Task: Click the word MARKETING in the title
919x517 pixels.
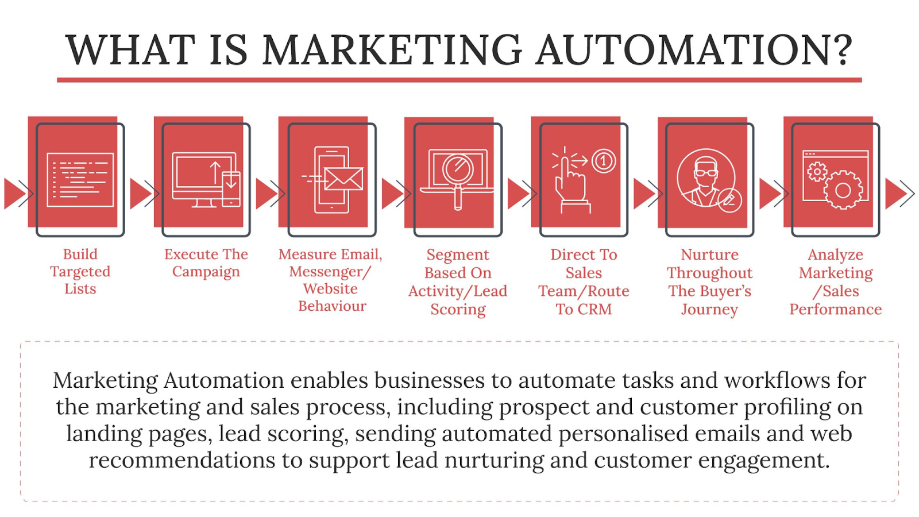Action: point(392,50)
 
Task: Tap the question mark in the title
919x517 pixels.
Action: point(843,50)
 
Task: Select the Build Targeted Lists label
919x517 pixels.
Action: point(80,271)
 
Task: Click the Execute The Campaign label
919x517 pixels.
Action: point(206,263)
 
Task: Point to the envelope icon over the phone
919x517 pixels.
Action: point(343,179)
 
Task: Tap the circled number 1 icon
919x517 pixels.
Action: point(603,161)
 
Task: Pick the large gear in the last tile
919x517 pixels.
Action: point(843,190)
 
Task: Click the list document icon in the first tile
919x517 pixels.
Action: point(80,179)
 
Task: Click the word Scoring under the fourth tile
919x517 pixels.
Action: point(458,310)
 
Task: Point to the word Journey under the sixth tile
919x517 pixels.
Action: point(709,310)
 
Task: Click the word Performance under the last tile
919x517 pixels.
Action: point(835,310)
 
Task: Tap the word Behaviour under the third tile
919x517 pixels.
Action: point(332,306)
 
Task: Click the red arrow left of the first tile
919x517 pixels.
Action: point(15,193)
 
